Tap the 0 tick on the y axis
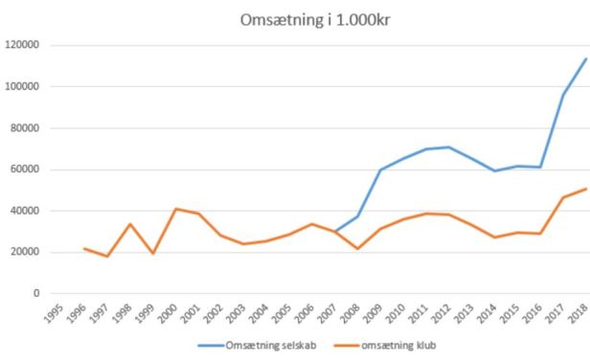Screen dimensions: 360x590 tap(34, 294)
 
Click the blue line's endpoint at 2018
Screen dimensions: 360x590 tap(585, 59)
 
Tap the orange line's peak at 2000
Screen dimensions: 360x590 tap(176, 209)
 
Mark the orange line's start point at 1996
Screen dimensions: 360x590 tap(84, 249)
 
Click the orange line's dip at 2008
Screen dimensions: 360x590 tap(358, 249)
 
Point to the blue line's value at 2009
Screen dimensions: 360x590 tap(381, 170)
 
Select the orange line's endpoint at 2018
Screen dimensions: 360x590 tap(585, 189)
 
